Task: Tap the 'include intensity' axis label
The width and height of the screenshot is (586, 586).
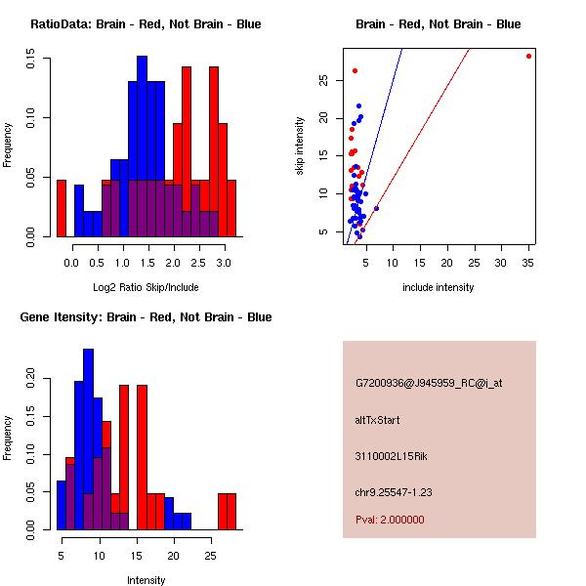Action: pyautogui.click(x=438, y=287)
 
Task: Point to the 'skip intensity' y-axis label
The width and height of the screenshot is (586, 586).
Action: pyautogui.click(x=300, y=146)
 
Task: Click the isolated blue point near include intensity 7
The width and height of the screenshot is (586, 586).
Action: pyautogui.click(x=376, y=208)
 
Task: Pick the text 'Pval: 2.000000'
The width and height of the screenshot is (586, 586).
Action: pyautogui.click(x=390, y=520)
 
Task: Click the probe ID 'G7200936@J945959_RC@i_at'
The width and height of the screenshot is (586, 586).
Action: pyautogui.click(x=429, y=384)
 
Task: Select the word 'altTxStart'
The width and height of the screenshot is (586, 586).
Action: pyautogui.click(x=377, y=420)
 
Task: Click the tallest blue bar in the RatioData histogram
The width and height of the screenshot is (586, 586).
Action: pyautogui.click(x=142, y=146)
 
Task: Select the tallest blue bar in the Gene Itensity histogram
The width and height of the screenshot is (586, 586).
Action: pyautogui.click(x=89, y=439)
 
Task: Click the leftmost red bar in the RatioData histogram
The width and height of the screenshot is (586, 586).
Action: pyautogui.click(x=62, y=208)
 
